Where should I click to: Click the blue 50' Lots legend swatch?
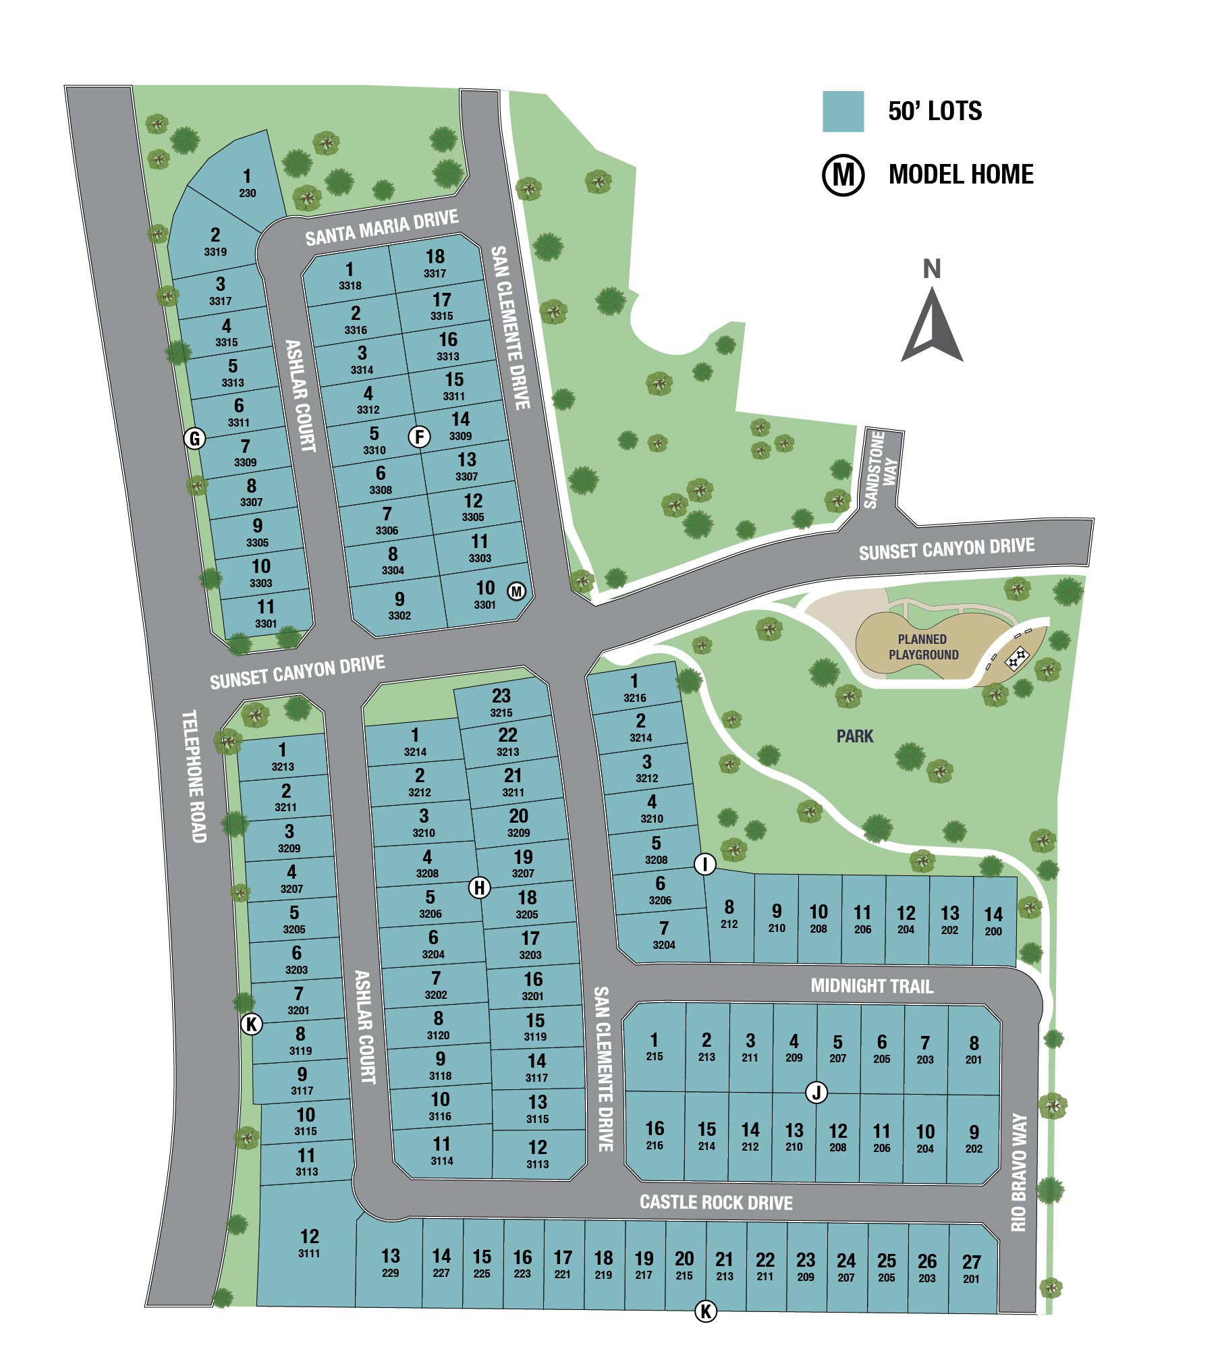click(x=843, y=111)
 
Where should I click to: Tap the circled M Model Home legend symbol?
click(x=843, y=175)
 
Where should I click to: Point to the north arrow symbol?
click(x=932, y=324)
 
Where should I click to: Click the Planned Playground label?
click(x=923, y=647)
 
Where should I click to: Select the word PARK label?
click(x=855, y=736)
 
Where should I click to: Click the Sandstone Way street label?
click(x=880, y=468)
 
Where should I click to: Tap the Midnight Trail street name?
click(x=872, y=986)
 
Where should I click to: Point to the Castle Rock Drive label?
click(x=716, y=1202)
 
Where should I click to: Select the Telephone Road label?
click(x=194, y=776)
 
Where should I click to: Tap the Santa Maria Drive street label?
click(x=381, y=228)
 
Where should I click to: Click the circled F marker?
click(x=420, y=437)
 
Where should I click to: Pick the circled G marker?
click(x=194, y=439)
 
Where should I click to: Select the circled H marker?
click(x=479, y=887)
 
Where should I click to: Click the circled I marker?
click(x=705, y=864)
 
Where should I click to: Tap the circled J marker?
click(x=816, y=1093)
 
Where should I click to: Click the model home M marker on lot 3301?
click(x=516, y=592)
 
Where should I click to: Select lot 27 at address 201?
click(x=971, y=1269)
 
